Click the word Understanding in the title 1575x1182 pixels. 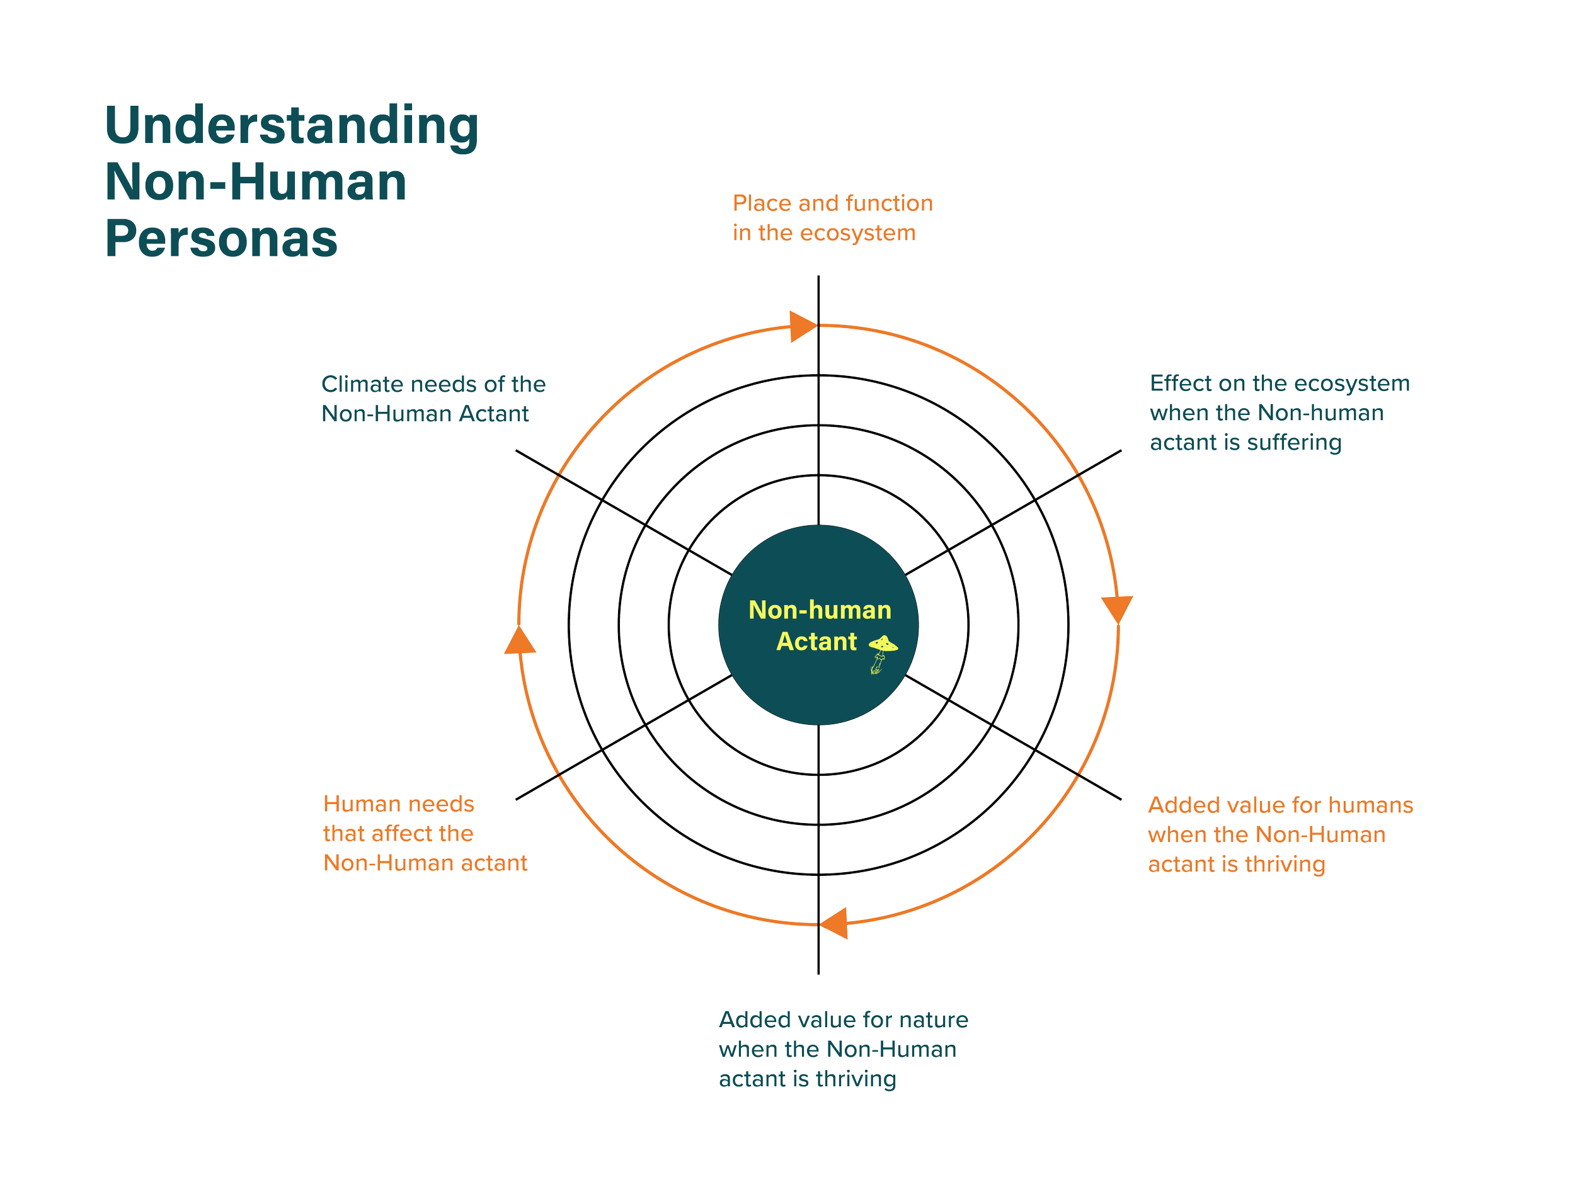coord(291,126)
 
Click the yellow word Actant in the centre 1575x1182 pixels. coord(816,641)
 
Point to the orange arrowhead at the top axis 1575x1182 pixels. coord(803,327)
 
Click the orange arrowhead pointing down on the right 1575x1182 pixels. coord(1117,609)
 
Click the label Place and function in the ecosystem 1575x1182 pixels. coord(832,218)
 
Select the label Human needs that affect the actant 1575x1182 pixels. coord(425,833)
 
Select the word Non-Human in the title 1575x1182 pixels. coord(256,182)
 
